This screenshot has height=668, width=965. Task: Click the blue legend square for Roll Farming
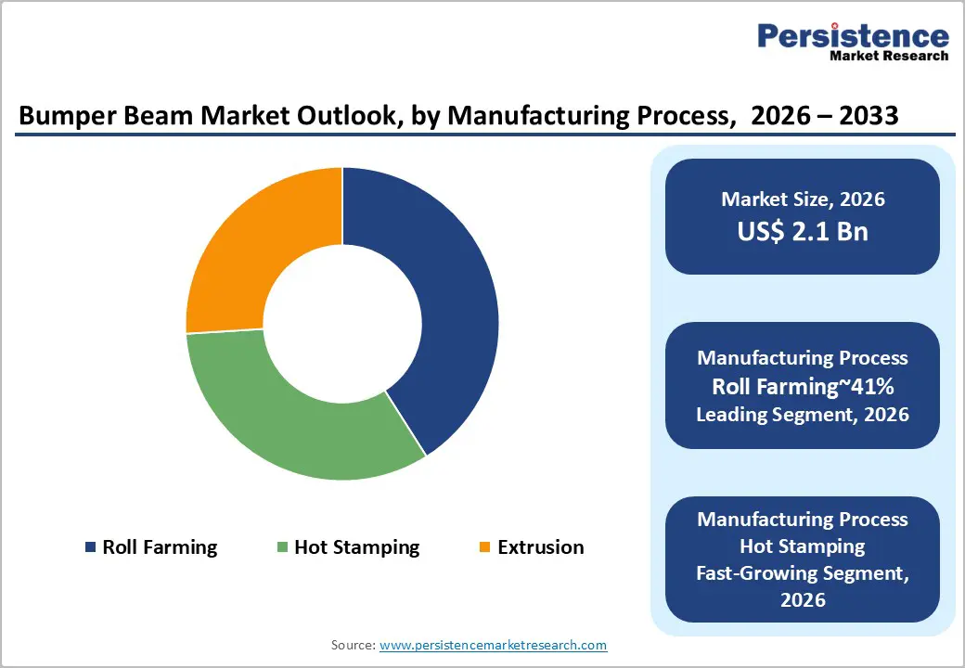click(90, 547)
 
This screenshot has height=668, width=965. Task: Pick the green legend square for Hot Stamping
click(282, 547)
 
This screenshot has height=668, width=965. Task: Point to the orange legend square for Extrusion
click(484, 547)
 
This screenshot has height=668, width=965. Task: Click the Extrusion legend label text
click(541, 547)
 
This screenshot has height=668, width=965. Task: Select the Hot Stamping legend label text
click(357, 547)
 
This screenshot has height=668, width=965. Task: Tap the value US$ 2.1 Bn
click(803, 231)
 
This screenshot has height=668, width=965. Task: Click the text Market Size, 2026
click(803, 199)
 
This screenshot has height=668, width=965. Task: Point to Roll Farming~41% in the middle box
click(803, 386)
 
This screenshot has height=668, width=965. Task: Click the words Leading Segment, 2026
click(803, 414)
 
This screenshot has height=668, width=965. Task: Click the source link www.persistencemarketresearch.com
click(494, 645)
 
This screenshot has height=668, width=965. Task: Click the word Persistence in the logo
click(854, 37)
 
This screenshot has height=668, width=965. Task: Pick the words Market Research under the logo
click(889, 57)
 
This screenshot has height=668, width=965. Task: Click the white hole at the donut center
click(342, 325)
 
